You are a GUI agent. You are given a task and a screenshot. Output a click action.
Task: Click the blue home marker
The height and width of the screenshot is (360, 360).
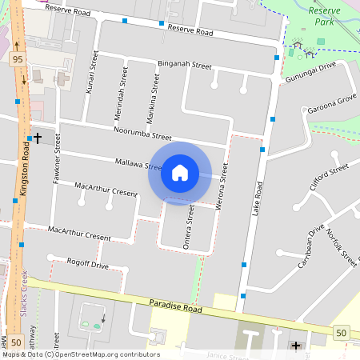[x=180, y=173]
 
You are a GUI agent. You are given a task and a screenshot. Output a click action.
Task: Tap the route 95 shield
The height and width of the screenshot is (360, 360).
[x=18, y=60]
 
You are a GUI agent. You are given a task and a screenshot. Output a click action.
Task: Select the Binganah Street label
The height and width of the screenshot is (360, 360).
[x=184, y=64]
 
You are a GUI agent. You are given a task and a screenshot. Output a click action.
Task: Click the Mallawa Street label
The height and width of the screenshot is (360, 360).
[x=139, y=164]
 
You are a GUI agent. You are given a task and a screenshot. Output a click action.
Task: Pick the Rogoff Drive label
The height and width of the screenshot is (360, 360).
[x=87, y=264]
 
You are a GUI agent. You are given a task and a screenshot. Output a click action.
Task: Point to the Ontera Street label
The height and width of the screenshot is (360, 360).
[x=190, y=226]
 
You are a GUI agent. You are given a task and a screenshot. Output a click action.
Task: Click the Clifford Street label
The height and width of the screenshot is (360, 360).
[x=330, y=177]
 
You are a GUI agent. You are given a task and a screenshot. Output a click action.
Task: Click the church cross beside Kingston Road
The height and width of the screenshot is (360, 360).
[x=37, y=138]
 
